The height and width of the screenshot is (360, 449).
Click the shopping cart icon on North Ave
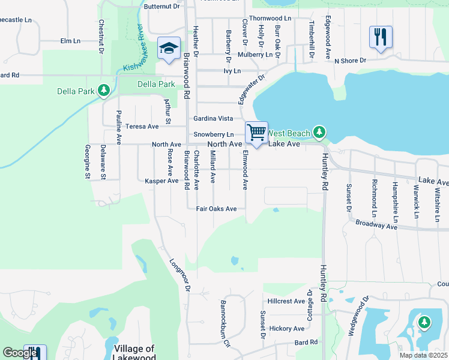tap(257, 133)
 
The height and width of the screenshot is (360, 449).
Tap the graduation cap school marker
tap(169, 47)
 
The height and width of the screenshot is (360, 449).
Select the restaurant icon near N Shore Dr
tap(381, 37)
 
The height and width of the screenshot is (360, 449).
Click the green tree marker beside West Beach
tap(319, 131)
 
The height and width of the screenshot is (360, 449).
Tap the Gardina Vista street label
tap(212, 118)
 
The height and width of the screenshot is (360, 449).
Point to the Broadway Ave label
tap(377, 224)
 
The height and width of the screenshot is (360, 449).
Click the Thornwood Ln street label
tap(270, 19)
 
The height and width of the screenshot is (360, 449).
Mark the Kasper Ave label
tap(161, 181)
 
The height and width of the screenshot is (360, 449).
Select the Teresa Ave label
tap(142, 127)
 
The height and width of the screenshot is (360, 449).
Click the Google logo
tap(20, 353)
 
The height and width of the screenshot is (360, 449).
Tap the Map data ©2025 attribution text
tap(423, 355)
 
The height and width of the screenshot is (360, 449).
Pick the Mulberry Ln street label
tap(256, 54)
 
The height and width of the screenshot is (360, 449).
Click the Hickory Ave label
tap(287, 328)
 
